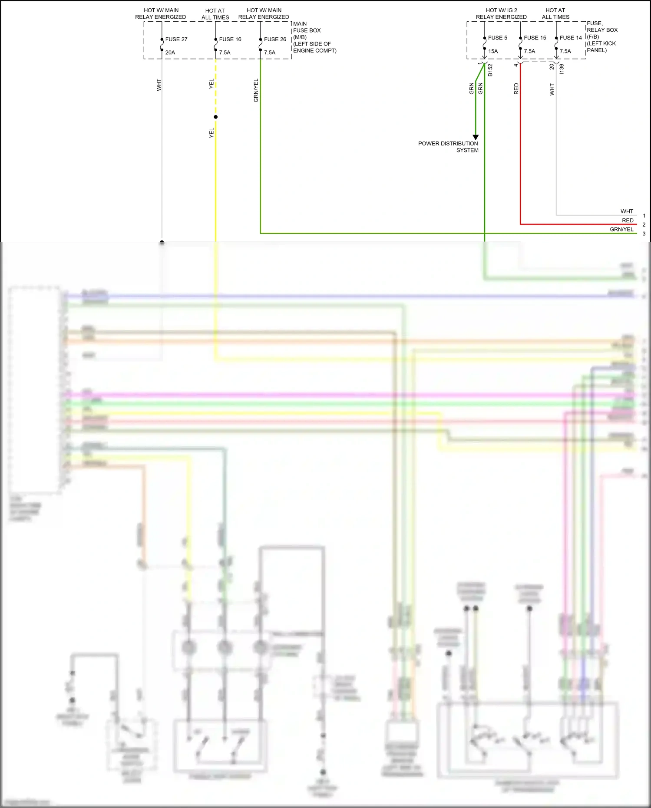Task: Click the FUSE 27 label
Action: pyautogui.click(x=176, y=40)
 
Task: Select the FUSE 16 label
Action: pyautogui.click(x=230, y=40)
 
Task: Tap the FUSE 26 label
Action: pyautogui.click(x=275, y=40)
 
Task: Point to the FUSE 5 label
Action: pyautogui.click(x=497, y=38)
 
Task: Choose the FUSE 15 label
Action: pyautogui.click(x=535, y=38)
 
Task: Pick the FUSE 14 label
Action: pyautogui.click(x=571, y=38)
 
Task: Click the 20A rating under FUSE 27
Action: pyautogui.click(x=170, y=53)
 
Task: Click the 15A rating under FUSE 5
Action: pyautogui.click(x=493, y=51)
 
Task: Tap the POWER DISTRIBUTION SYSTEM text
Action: pyautogui.click(x=448, y=147)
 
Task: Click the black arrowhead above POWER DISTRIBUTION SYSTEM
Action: pyautogui.click(x=476, y=137)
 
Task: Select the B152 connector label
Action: pyautogui.click(x=490, y=70)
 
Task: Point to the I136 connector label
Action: pyautogui.click(x=562, y=69)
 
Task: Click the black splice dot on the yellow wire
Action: pyautogui.click(x=216, y=117)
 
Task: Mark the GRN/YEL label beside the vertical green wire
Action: pyautogui.click(x=256, y=91)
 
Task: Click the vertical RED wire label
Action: pyautogui.click(x=516, y=89)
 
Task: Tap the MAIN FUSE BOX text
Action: pyautogui.click(x=307, y=27)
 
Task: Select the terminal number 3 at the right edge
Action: pyautogui.click(x=644, y=234)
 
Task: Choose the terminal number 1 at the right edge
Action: pyautogui.click(x=644, y=216)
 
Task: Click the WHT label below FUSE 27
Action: pyautogui.click(x=159, y=85)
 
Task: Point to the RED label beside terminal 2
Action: pyautogui.click(x=628, y=221)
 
